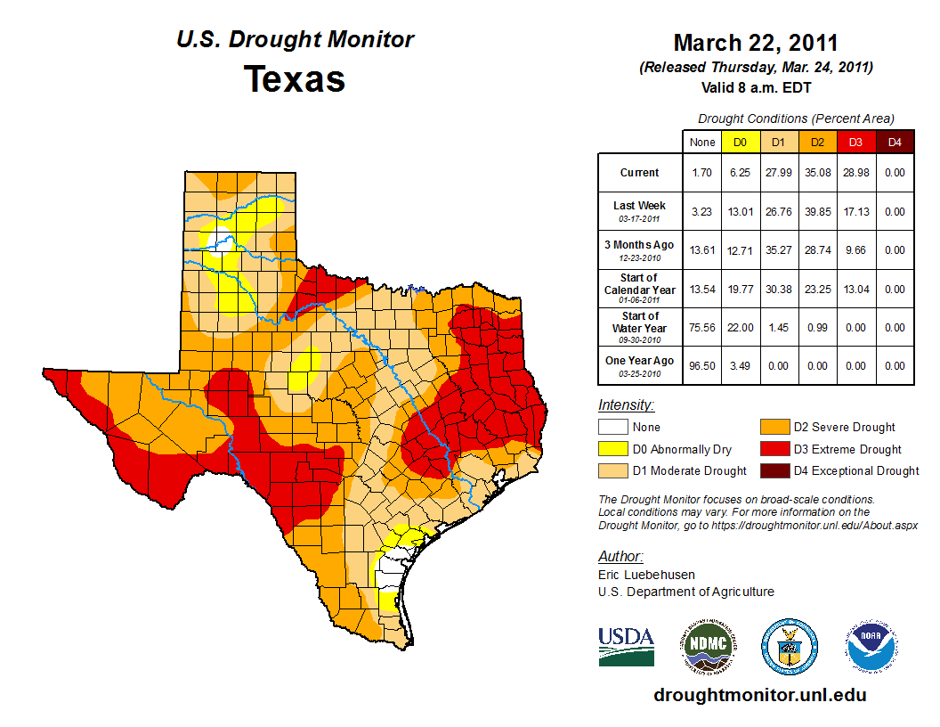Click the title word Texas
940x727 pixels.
coord(295,79)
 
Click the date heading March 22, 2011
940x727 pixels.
coord(756,43)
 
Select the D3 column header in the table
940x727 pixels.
coord(855,142)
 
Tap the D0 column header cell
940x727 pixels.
coord(740,142)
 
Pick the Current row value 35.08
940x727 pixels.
coord(816,173)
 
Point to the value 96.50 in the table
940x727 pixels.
coord(701,366)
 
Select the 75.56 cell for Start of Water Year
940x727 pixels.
coord(701,328)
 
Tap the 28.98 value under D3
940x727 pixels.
coord(855,173)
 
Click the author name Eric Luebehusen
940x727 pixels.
coord(646,575)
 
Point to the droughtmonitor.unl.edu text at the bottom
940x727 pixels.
coord(759,695)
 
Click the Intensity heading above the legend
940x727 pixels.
coord(626,405)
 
